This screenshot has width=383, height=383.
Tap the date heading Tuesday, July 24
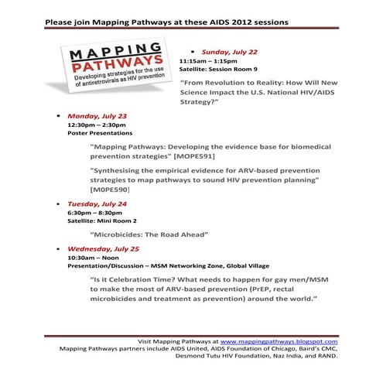97,204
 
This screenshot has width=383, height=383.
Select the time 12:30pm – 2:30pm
97,124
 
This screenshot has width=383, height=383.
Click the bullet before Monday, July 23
59,115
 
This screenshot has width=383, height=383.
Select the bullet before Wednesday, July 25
59,249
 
